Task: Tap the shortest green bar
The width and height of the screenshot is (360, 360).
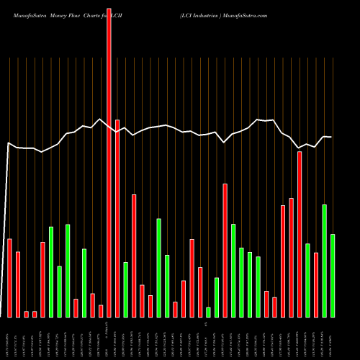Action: [208, 312]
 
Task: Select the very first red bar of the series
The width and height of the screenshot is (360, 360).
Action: [9, 277]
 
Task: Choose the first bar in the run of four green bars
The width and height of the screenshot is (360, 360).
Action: [233, 270]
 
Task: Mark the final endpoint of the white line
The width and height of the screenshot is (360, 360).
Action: [331, 137]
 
